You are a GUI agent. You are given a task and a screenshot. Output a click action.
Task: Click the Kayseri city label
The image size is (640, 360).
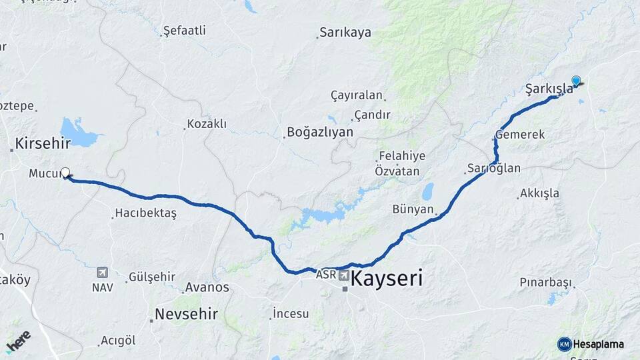pos(387,278)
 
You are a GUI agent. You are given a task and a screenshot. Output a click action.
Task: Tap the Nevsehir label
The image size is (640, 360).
pos(186,314)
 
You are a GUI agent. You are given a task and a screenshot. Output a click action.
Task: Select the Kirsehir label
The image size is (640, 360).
pos(43,144)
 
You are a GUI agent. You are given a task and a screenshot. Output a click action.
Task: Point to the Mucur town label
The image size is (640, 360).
pos(45,174)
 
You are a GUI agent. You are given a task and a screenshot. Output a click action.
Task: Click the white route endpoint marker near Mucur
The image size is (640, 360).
pos(65,173)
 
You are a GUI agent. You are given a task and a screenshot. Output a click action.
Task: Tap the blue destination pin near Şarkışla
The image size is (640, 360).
pos(576,81)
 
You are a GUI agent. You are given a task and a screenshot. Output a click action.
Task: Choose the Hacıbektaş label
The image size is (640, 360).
pos(145,213)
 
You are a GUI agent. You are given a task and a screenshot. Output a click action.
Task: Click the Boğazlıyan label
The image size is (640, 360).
pos(319,132)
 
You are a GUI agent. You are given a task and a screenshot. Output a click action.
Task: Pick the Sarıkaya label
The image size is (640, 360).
pos(345,32)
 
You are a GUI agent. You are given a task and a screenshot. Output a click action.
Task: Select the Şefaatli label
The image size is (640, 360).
pos(185,30)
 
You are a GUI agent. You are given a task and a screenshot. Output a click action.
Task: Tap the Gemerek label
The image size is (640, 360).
pos(520,135)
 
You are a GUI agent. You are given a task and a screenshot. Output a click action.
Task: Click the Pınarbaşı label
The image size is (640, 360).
pos(545,282)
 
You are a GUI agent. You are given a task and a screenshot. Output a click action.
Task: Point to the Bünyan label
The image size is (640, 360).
pos(413,209)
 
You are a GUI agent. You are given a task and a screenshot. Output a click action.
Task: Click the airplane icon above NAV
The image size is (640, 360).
pos(102,273)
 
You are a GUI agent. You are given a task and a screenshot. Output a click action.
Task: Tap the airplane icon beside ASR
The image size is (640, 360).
pos(344,274)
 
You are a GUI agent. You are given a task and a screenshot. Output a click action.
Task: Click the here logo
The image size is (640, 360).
pos(19,341)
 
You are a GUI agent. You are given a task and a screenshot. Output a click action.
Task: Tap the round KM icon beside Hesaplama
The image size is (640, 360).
pos(564,344)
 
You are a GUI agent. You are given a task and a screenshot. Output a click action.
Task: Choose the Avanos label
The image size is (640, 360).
pos(206,287)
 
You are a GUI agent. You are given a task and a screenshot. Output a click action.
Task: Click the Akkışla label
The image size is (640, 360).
pos(539,193)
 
